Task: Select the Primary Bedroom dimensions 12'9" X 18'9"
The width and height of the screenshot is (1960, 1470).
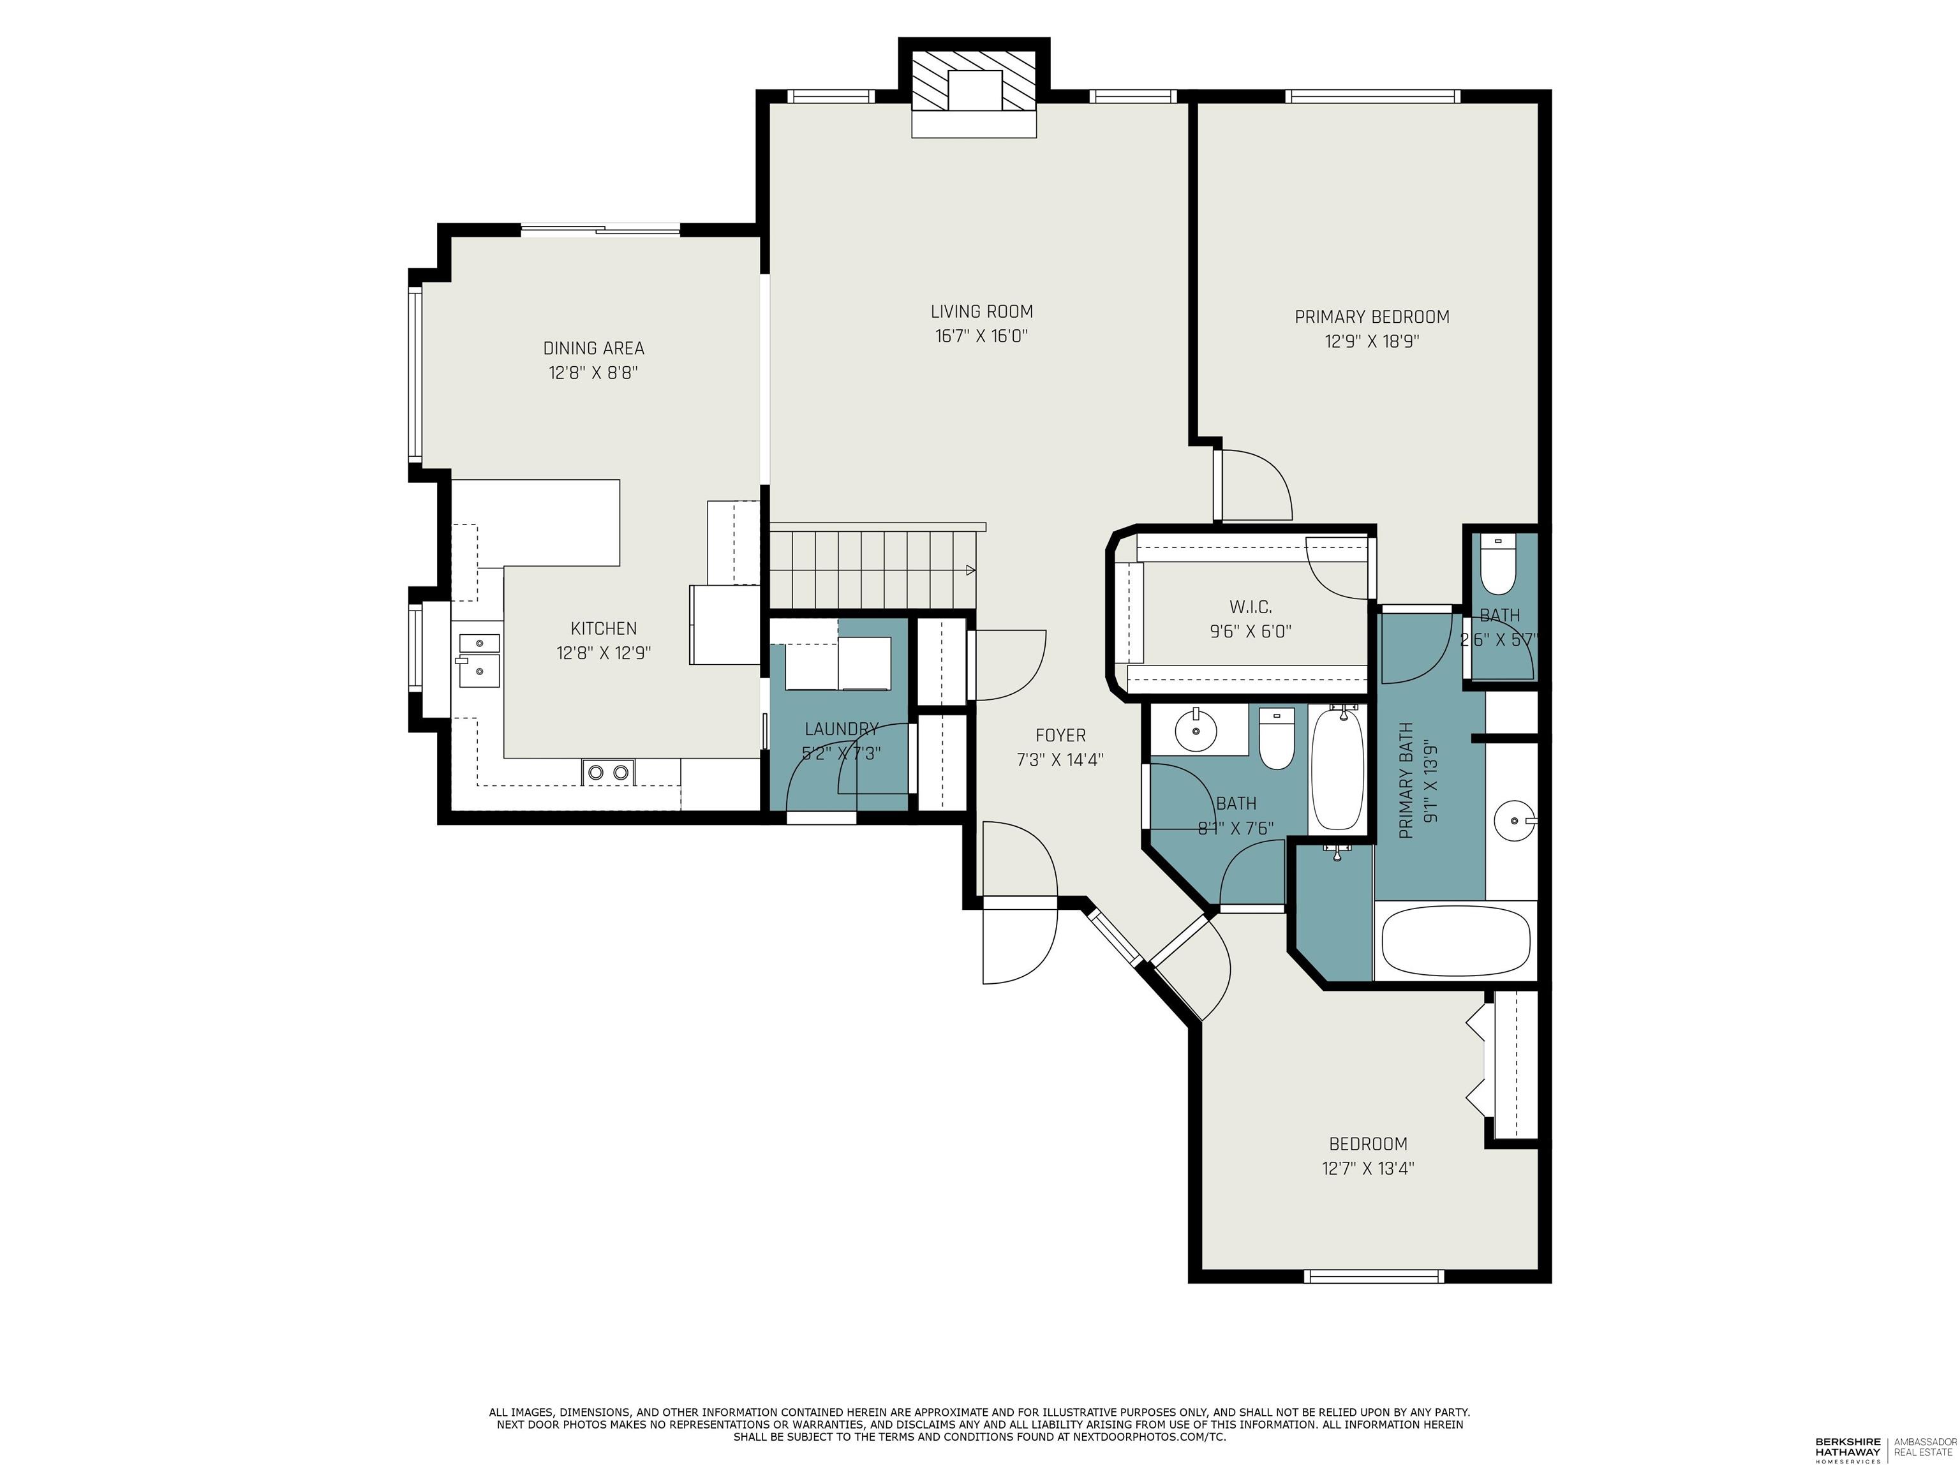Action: coord(1372,342)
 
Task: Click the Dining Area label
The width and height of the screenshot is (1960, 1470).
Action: coord(593,348)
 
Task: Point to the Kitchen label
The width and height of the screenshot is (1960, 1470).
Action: coord(604,628)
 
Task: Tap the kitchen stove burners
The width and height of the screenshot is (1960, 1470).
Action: coord(608,773)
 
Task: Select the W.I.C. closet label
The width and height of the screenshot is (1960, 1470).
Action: coord(1251,607)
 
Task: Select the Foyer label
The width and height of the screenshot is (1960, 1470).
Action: coord(1060,736)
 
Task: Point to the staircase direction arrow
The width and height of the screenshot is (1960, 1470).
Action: coord(970,570)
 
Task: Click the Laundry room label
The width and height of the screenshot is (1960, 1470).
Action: coord(841,729)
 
